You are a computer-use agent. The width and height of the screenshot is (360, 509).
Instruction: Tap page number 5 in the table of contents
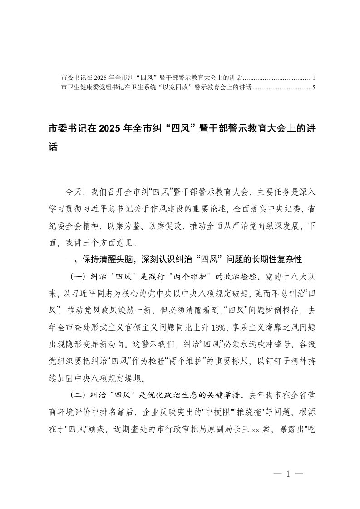314,88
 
